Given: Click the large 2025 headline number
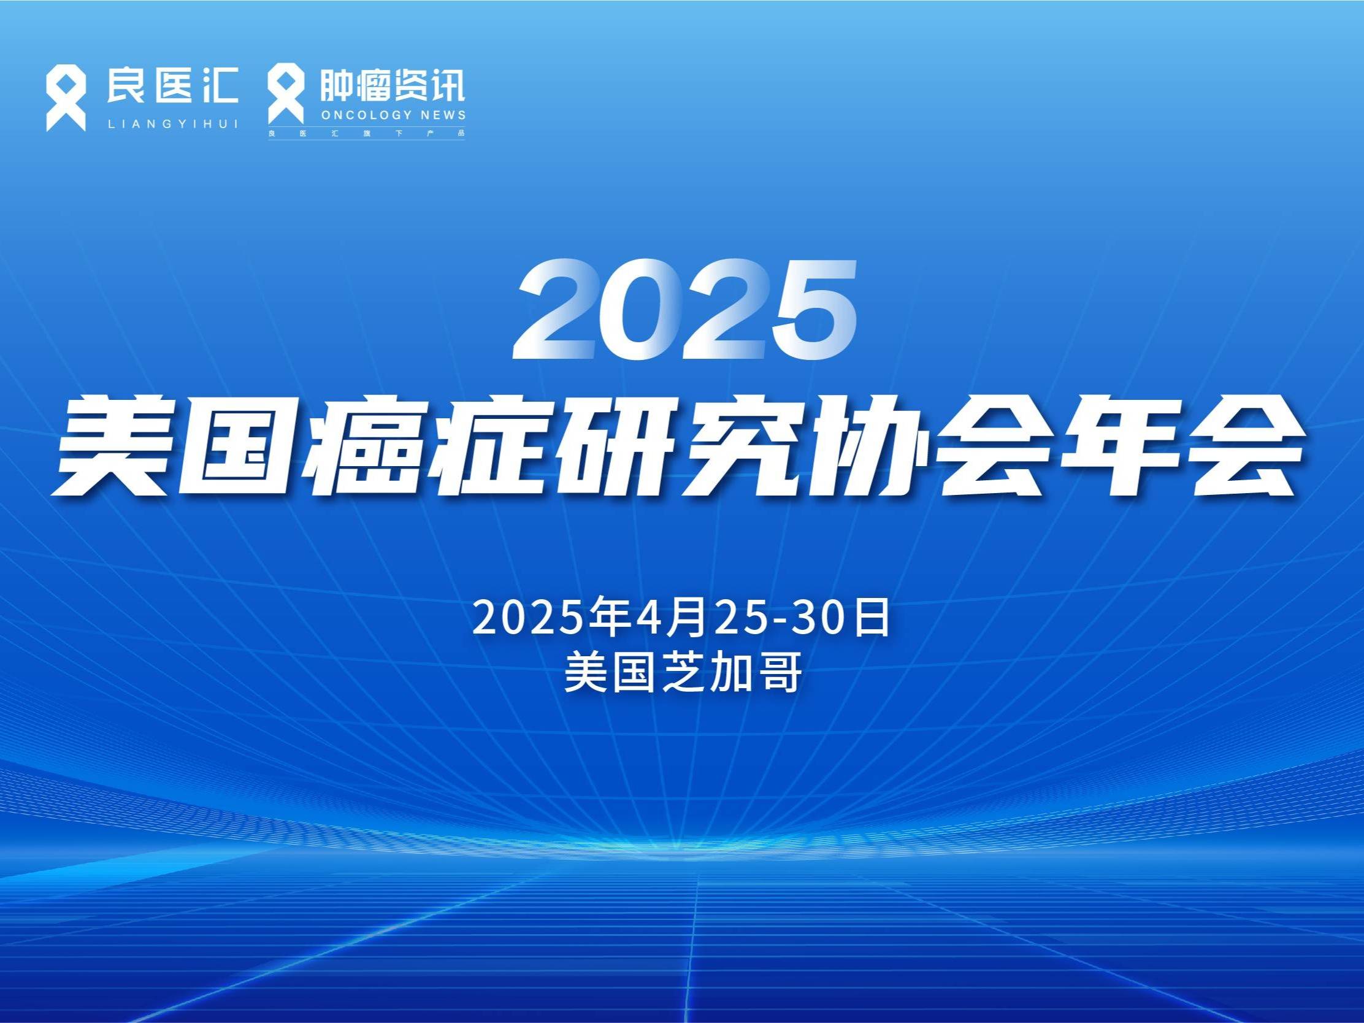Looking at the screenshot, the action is tap(684, 309).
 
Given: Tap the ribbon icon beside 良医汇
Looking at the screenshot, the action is tap(66, 99).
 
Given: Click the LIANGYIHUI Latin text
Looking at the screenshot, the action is tap(173, 124).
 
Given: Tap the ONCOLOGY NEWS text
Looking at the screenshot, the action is tap(393, 115).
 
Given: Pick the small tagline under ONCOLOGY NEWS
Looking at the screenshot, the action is tap(366, 133).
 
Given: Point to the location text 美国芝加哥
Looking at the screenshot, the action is tap(683, 673).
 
